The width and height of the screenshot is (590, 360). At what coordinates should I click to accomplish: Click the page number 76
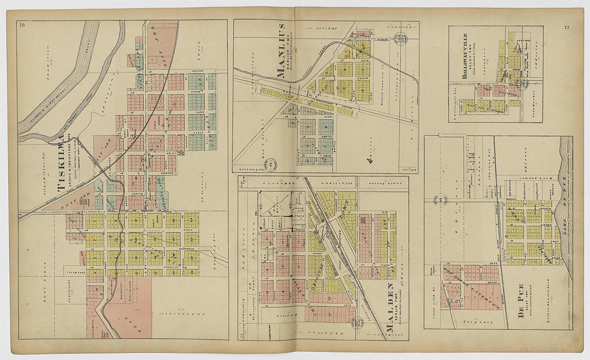22,25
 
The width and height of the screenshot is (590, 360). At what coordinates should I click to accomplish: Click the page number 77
566,27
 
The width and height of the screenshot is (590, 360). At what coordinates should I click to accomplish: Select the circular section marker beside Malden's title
357,322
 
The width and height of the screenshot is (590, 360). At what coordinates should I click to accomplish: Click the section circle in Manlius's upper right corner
400,38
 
